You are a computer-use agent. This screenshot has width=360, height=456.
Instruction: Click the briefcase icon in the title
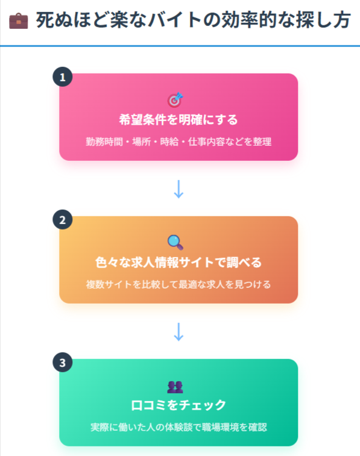(x=19, y=21)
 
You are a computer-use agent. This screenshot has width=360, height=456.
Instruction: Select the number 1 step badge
(x=63, y=77)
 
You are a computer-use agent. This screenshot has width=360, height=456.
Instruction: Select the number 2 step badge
(x=63, y=219)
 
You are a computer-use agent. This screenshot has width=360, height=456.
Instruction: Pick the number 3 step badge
(x=63, y=363)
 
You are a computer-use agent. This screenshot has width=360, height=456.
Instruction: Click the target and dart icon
(x=175, y=100)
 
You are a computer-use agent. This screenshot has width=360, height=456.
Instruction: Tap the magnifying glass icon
(x=175, y=243)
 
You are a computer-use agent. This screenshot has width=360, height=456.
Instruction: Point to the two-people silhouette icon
(x=175, y=387)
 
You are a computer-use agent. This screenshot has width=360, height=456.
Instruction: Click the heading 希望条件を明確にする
(x=178, y=119)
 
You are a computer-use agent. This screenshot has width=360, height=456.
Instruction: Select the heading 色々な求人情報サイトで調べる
(x=178, y=262)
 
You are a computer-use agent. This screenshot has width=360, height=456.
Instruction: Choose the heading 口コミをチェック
(x=178, y=405)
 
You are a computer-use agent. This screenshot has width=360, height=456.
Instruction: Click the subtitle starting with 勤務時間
(x=178, y=142)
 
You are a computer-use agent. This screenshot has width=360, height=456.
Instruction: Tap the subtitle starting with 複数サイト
(x=178, y=284)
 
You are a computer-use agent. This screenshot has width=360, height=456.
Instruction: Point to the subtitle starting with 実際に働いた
(x=178, y=427)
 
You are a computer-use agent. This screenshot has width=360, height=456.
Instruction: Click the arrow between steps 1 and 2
(x=178, y=189)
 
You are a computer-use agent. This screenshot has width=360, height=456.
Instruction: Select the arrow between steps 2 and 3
(x=178, y=332)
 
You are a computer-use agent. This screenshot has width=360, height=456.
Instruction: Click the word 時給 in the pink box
(x=169, y=142)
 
